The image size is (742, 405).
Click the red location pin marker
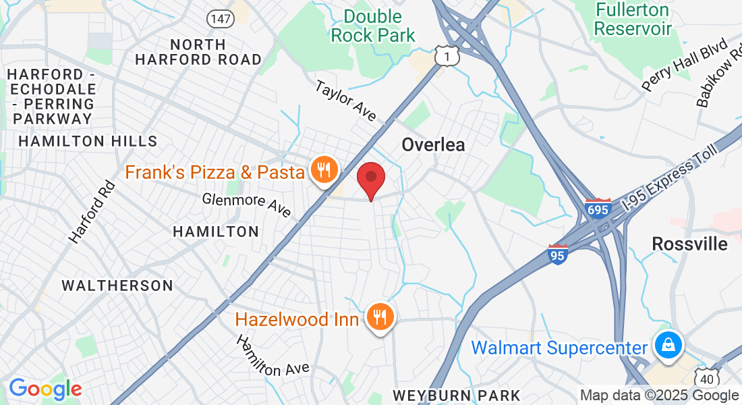370,178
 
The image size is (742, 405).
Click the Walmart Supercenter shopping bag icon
668,346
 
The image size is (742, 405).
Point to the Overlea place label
433,144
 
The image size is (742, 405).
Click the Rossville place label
689,244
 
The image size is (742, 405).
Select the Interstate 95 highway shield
558,254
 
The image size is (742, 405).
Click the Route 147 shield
220,19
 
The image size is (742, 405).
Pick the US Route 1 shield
447,57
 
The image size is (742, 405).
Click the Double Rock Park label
373,26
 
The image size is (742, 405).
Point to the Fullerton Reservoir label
633,20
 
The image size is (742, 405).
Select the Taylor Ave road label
346,101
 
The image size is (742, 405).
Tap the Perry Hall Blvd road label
684,65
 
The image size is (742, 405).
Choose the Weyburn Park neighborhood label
457,395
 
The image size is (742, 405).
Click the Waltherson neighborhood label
117,286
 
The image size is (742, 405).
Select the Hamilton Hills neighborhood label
88,141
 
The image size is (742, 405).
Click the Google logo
45,389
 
